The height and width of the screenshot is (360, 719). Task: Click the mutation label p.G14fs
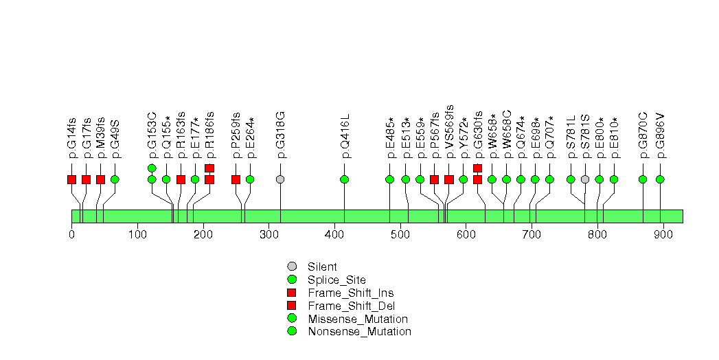click(x=71, y=137)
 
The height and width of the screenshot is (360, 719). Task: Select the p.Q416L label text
click(x=345, y=136)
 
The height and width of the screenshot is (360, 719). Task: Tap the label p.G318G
click(x=281, y=135)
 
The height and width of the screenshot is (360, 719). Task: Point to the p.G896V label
click(x=661, y=136)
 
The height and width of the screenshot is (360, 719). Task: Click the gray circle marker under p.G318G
click(x=281, y=179)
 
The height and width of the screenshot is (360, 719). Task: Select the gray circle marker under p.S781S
click(x=584, y=179)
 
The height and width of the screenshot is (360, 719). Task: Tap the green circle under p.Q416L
click(x=345, y=179)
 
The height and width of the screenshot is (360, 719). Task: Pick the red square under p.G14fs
click(x=71, y=179)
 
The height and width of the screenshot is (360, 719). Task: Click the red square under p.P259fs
click(x=236, y=179)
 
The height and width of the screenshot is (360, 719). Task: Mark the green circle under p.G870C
click(x=643, y=179)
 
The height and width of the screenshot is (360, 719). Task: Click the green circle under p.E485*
click(x=390, y=179)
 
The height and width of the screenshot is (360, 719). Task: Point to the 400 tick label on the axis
click(x=334, y=235)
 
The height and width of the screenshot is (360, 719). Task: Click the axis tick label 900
click(x=663, y=235)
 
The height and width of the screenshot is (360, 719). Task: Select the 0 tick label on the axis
click(x=71, y=235)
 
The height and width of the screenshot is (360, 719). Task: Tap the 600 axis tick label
click(x=466, y=235)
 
